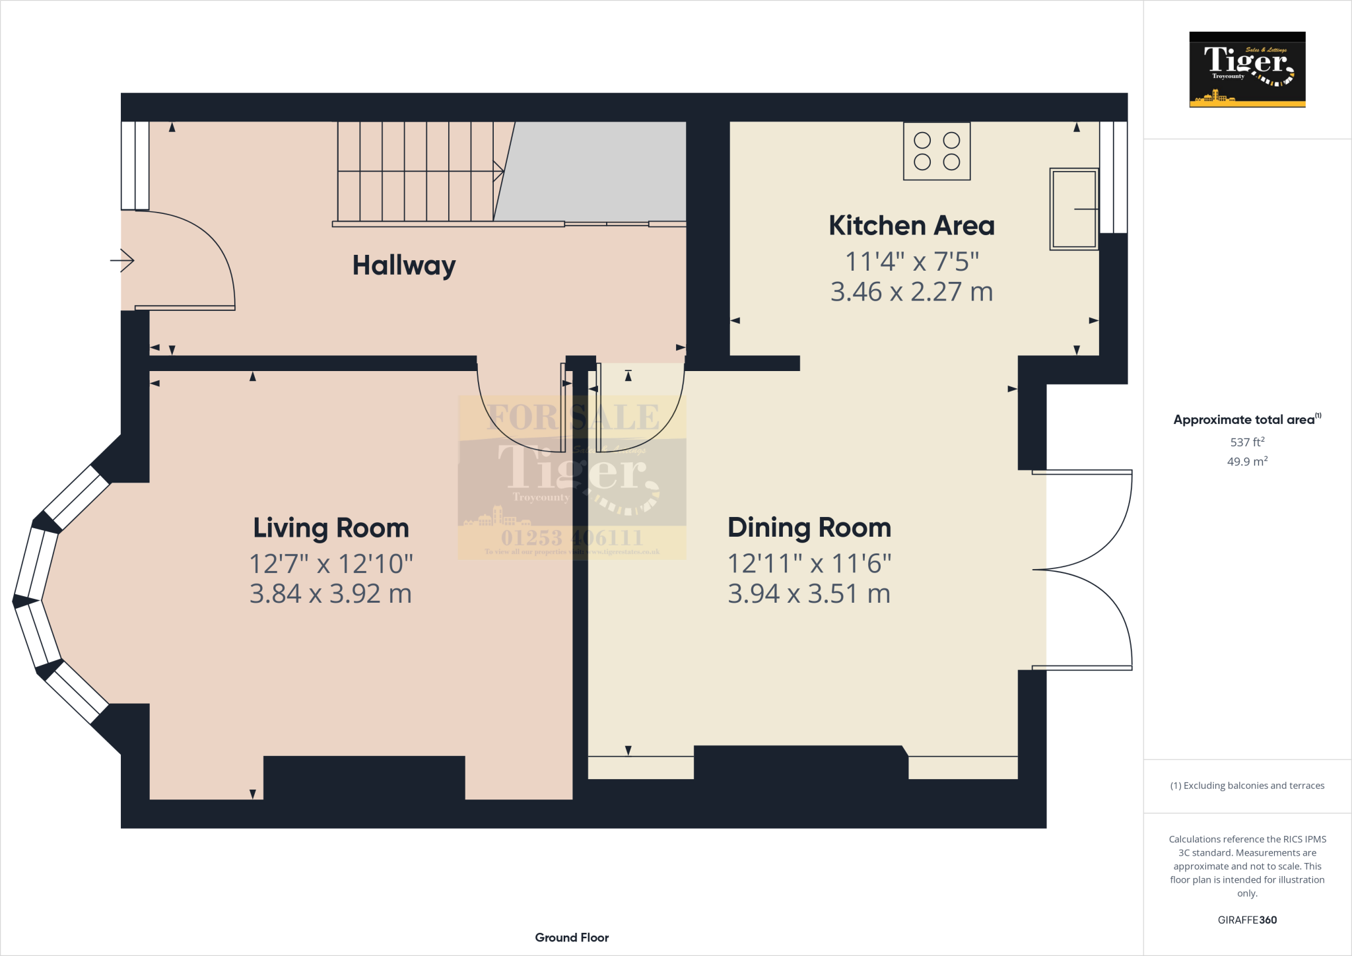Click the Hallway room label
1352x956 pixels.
[x=403, y=265]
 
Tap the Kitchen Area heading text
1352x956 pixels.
[x=911, y=226]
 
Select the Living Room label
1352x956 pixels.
[x=331, y=528]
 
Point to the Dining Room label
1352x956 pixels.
[x=809, y=528]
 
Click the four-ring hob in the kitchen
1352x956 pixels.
[x=936, y=151]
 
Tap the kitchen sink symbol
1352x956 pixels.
[x=1073, y=209]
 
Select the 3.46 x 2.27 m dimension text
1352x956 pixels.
[x=911, y=292]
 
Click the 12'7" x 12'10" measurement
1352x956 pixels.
[x=331, y=564]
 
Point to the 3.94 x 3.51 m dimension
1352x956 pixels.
[x=809, y=594]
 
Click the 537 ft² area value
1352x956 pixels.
[x=1246, y=442]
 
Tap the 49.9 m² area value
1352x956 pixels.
[x=1246, y=461]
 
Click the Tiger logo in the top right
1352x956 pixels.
[x=1246, y=69]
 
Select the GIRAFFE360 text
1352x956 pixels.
[x=1246, y=920]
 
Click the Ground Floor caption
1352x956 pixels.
[x=572, y=938]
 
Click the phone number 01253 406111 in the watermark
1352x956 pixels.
[x=572, y=537]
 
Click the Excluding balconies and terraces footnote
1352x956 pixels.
[x=1246, y=786]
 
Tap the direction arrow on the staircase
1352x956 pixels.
[x=498, y=172]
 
